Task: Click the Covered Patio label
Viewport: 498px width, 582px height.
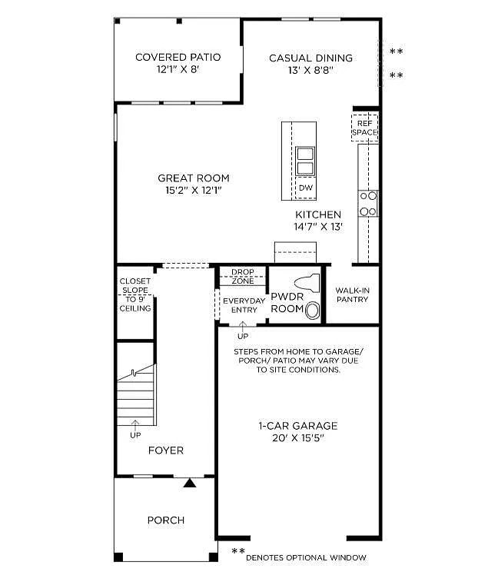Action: tap(178, 57)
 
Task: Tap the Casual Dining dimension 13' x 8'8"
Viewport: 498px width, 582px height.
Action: tap(310, 70)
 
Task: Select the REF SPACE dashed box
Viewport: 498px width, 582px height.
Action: tap(365, 128)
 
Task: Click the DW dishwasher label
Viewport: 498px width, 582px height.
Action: tap(305, 188)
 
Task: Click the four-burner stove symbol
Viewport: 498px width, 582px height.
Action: tap(368, 203)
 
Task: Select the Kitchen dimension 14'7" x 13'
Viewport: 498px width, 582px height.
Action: tap(318, 227)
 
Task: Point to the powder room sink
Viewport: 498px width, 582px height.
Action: tap(313, 311)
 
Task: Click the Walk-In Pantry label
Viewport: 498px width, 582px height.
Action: tap(352, 294)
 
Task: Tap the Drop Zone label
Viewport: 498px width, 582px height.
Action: tap(242, 276)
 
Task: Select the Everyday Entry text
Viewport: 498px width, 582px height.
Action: tap(244, 305)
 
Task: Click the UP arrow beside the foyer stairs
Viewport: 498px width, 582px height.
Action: tap(136, 427)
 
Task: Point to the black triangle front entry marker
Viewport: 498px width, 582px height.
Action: tap(190, 482)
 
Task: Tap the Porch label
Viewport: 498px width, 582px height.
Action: tap(166, 520)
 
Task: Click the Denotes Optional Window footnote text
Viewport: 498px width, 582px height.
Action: tap(306, 557)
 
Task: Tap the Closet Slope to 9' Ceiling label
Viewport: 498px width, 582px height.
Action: tap(134, 294)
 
